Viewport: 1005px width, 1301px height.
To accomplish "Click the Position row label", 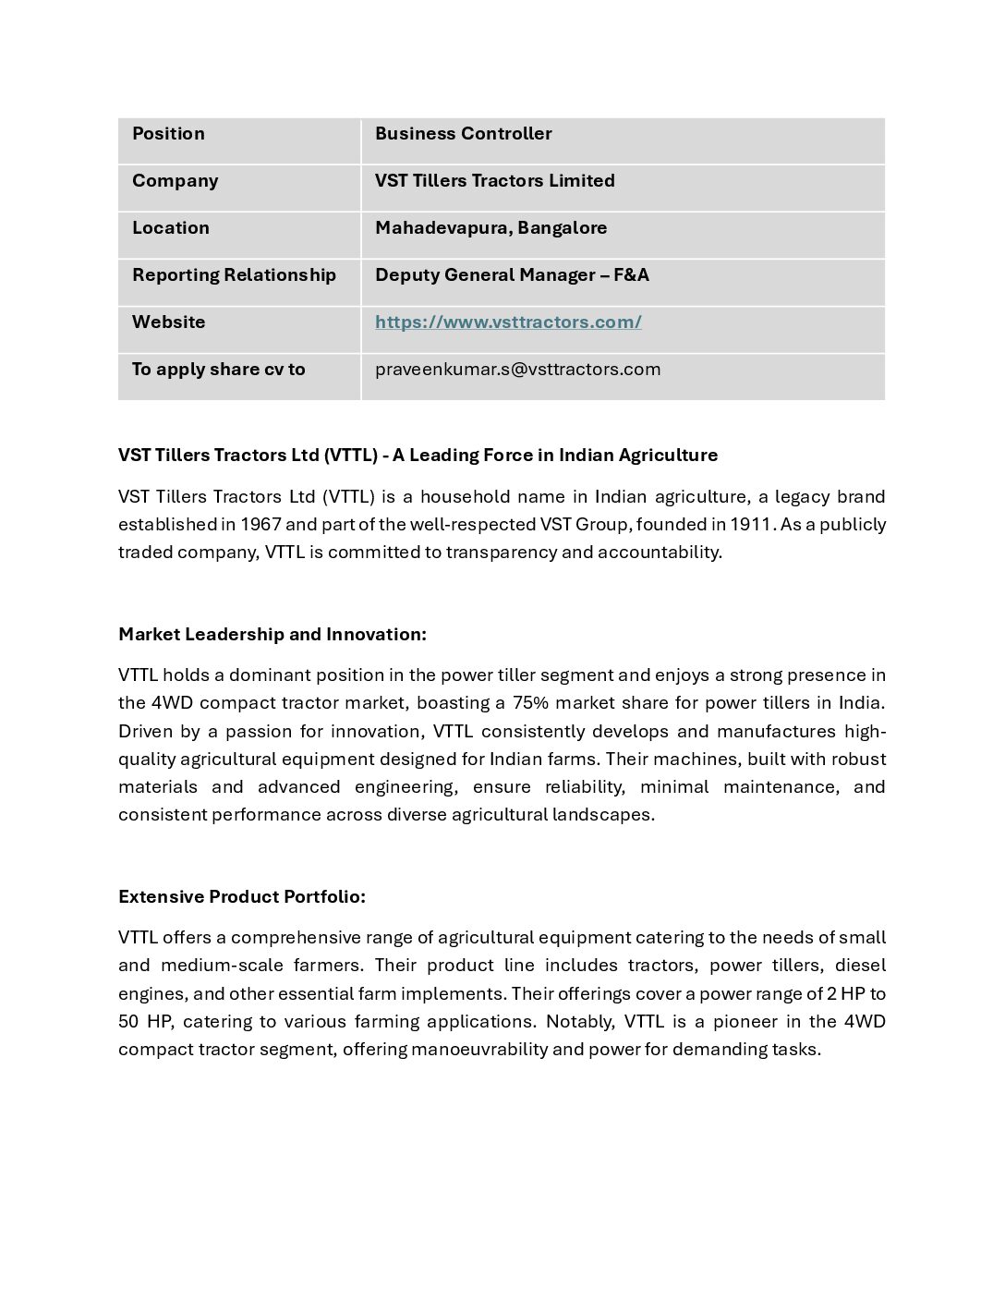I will point(168,134).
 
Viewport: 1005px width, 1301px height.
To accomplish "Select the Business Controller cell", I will point(463,134).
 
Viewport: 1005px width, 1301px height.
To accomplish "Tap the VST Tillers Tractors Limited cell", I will point(494,181).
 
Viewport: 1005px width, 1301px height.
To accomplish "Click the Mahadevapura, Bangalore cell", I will point(490,228).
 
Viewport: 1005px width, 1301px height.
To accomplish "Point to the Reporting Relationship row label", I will point(234,275).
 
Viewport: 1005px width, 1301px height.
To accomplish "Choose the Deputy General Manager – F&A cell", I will point(512,275).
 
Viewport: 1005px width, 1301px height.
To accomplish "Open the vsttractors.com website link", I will point(508,322).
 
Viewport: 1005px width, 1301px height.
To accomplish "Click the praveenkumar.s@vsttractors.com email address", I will point(517,370).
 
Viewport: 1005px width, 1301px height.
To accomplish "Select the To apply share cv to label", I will point(218,370).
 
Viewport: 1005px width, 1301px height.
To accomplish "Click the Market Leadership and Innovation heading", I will point(272,635).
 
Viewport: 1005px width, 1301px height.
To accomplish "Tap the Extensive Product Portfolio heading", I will point(241,897).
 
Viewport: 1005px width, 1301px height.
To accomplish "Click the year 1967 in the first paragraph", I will point(260,525).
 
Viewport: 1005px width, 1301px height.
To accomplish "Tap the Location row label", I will point(170,228).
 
